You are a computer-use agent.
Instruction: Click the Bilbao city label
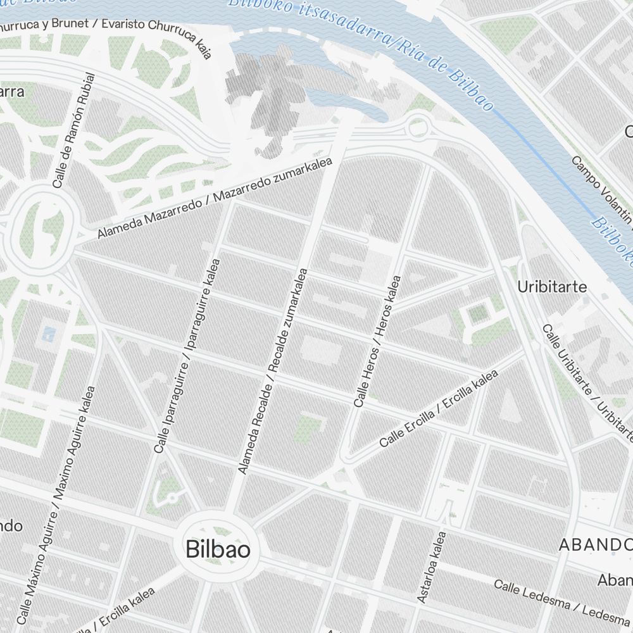pos(218,549)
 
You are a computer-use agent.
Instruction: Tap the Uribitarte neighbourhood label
pos(552,287)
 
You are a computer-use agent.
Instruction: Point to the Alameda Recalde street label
pos(273,371)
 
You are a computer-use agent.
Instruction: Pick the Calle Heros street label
pos(378,341)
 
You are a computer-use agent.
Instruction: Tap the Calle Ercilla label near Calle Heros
pos(439,408)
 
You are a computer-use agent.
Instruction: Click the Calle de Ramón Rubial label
pos(74,131)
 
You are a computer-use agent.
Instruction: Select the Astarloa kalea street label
pos(432,567)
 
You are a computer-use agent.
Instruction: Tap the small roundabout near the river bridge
pos(418,127)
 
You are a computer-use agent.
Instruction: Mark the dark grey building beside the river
pos(266,101)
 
